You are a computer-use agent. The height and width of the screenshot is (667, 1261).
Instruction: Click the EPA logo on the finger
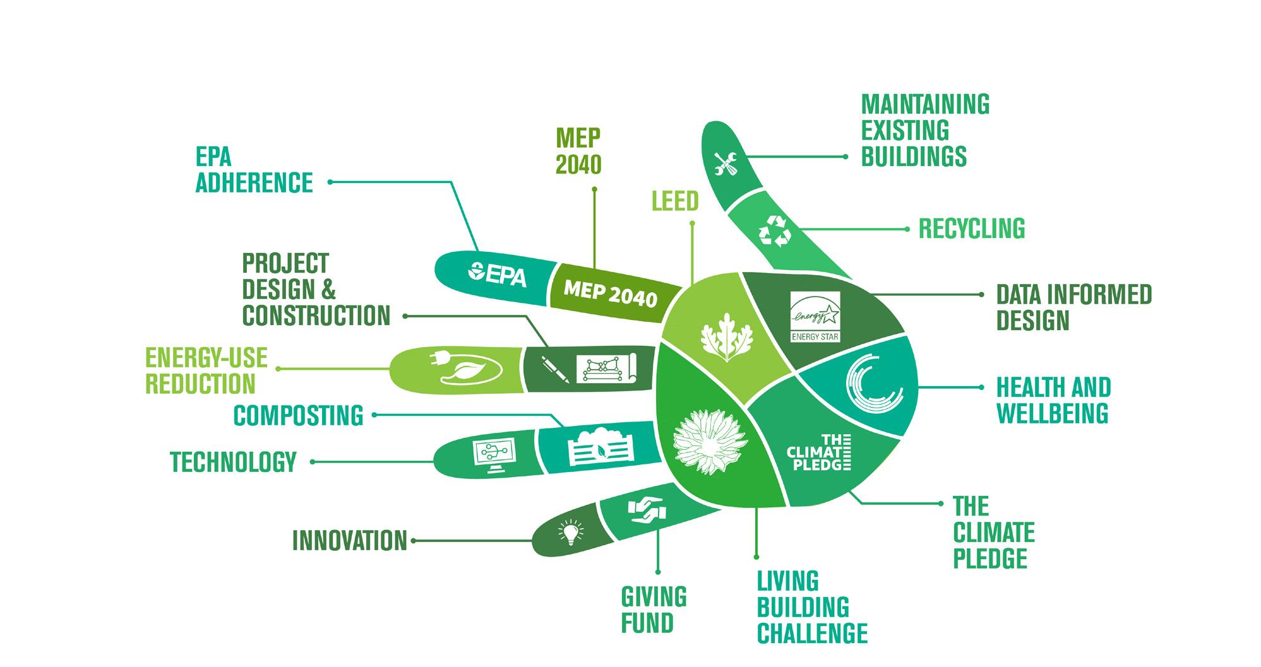click(x=498, y=275)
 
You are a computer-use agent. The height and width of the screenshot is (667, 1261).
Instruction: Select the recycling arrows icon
click(x=774, y=230)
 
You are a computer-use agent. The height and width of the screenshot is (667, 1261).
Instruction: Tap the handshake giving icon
click(x=645, y=510)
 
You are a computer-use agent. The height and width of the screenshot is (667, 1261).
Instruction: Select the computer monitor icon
click(x=493, y=456)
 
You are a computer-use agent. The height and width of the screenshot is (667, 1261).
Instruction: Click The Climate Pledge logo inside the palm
click(x=820, y=452)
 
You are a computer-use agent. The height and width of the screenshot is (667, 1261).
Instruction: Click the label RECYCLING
click(x=971, y=229)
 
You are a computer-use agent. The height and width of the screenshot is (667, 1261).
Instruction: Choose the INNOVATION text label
click(x=350, y=541)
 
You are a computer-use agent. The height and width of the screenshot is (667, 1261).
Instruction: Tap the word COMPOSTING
click(x=299, y=416)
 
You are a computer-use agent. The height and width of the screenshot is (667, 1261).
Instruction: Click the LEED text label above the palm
click(x=675, y=201)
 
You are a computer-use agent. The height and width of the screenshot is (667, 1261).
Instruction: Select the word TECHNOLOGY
click(x=233, y=462)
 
